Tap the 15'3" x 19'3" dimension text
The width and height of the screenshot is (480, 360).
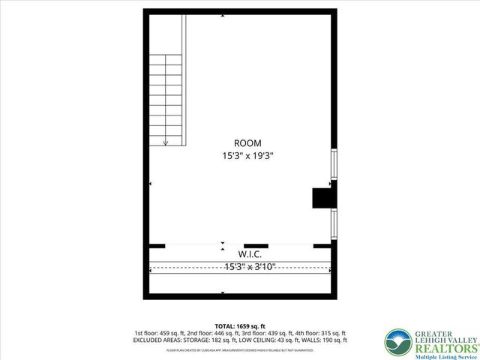(247, 157)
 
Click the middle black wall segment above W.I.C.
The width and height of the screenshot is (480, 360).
(256, 245)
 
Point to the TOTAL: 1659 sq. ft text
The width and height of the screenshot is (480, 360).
(240, 325)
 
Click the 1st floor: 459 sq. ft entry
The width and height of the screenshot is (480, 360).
(159, 333)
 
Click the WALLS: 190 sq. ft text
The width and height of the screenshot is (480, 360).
(326, 340)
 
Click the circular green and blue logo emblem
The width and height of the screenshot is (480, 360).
(397, 342)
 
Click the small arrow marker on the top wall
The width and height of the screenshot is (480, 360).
(222, 16)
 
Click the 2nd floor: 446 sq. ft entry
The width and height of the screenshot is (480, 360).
(211, 333)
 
